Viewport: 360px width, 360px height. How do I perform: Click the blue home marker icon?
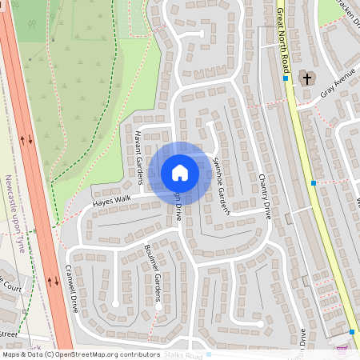tap(180, 172)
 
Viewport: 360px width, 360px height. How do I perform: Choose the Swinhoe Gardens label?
tap(222, 184)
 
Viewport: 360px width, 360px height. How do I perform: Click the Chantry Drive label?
tap(264, 195)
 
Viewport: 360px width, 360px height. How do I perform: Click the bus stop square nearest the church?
tap(285, 78)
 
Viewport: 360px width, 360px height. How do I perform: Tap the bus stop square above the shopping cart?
tap(352, 331)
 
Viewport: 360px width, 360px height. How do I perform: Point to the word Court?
tap(11, 285)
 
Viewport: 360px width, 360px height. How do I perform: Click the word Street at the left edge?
tap(8, 333)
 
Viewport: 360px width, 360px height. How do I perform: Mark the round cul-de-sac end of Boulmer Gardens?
tap(158, 304)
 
